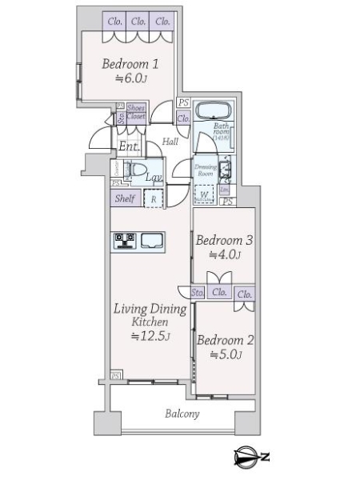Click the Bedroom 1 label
coord(134,64)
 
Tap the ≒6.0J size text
coord(133,78)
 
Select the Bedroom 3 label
coord(225,240)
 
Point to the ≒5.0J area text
coord(225,354)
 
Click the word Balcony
coord(182,414)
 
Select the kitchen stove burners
coord(125,239)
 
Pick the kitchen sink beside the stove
coord(152,239)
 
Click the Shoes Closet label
coord(135,111)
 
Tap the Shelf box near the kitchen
coord(123,199)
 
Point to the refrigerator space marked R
coord(154,199)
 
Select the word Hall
coord(170,142)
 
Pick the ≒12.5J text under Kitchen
coord(150,336)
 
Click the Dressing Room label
coord(206,170)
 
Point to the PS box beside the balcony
coord(116,376)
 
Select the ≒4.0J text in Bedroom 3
coord(225,255)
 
